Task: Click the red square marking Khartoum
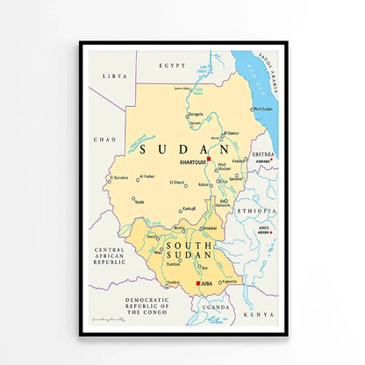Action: tap(209, 158)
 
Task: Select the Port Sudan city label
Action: tap(263, 110)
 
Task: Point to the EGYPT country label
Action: tap(172, 66)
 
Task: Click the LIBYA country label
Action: tap(114, 76)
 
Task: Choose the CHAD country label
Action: tap(105, 140)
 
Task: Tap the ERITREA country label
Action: tap(263, 154)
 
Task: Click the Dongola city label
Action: tap(196, 113)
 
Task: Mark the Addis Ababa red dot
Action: tap(273, 232)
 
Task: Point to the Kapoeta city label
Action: tap(230, 281)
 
